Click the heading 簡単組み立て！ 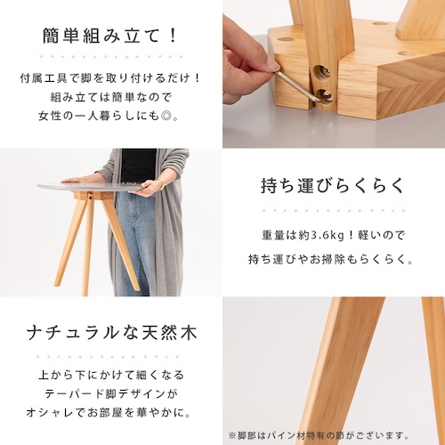pyautogui.click(x=109, y=36)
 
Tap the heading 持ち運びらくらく pyautogui.click(x=333, y=186)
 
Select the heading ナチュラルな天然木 pyautogui.click(x=109, y=334)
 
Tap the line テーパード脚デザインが pyautogui.click(x=109, y=392)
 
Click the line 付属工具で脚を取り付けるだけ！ pyautogui.click(x=109, y=78)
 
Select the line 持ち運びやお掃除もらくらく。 pyautogui.click(x=333, y=259)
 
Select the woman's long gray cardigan pyautogui.click(x=166, y=222)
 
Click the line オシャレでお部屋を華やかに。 pyautogui.click(x=109, y=414)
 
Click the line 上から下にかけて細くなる pyautogui.click(x=109, y=371)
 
